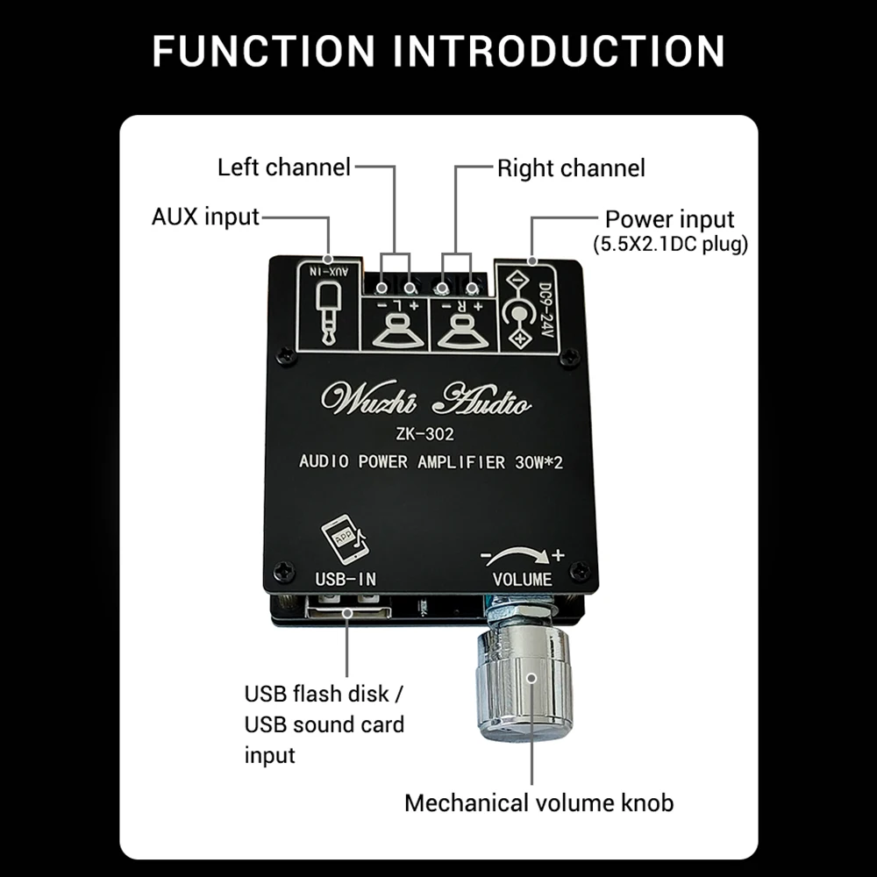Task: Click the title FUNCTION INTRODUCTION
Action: tap(438, 51)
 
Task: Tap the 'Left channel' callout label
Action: tap(283, 167)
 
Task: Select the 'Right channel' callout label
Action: tap(571, 168)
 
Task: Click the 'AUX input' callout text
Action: tap(205, 217)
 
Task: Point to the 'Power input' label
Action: tap(670, 218)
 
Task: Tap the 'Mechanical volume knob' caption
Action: tap(538, 802)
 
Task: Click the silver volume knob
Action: tap(524, 680)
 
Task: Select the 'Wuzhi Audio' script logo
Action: tap(426, 400)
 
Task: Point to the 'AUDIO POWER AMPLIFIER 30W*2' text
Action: tap(431, 462)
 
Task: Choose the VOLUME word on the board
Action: tap(522, 579)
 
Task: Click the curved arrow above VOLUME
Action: tap(517, 554)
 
